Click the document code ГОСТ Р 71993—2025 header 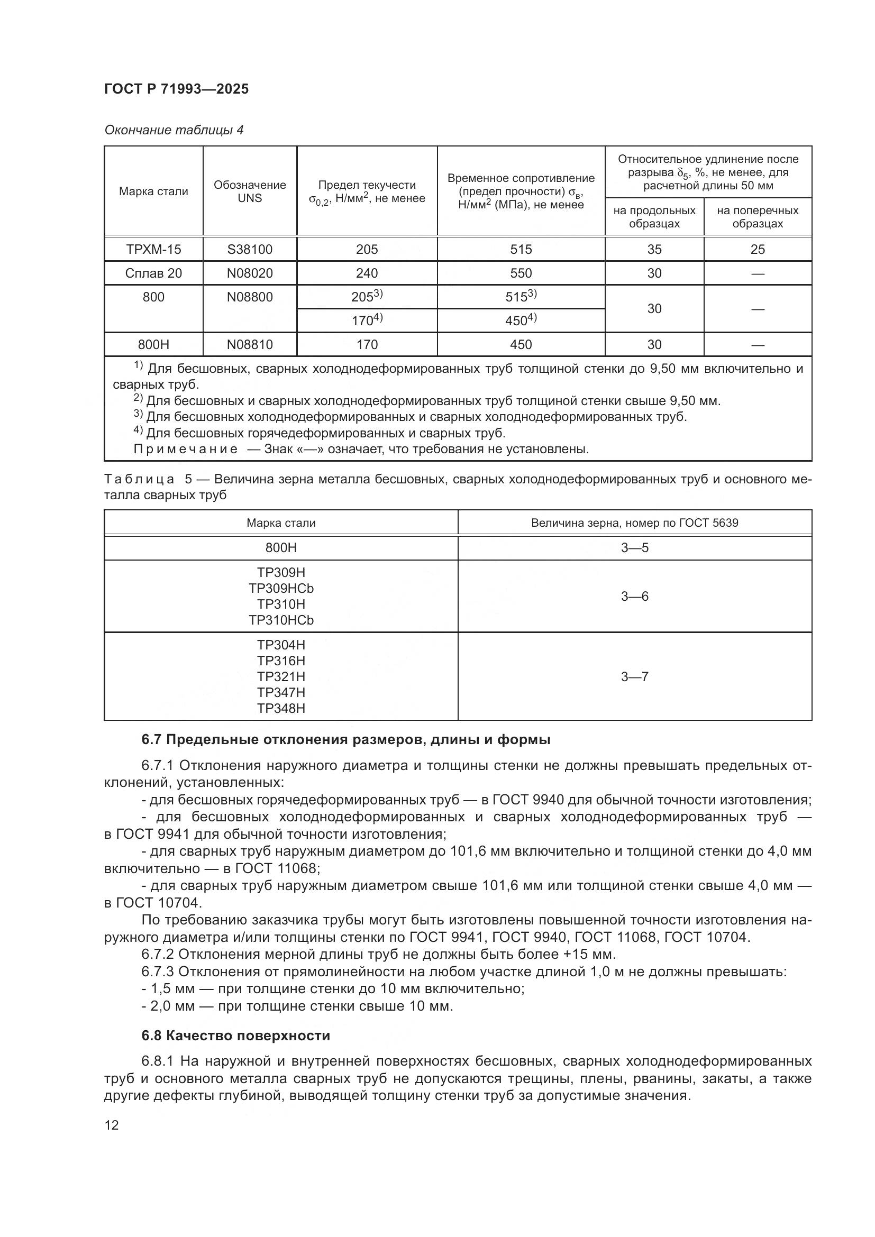click(176, 89)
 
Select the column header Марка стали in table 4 click(153, 191)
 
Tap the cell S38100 click(250, 250)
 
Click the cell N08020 click(250, 273)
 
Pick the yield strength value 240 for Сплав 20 click(367, 273)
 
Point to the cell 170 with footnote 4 click(367, 320)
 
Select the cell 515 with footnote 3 click(521, 296)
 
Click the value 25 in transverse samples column click(757, 250)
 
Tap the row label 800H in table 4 click(153, 344)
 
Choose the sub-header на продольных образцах click(654, 217)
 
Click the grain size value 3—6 click(635, 597)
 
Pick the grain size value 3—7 click(635, 677)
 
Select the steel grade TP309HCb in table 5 click(281, 588)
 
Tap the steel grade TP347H click(281, 692)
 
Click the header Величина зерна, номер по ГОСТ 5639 click(635, 523)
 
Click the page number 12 click(112, 1125)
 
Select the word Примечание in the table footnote click(185, 450)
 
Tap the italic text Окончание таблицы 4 click(174, 131)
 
